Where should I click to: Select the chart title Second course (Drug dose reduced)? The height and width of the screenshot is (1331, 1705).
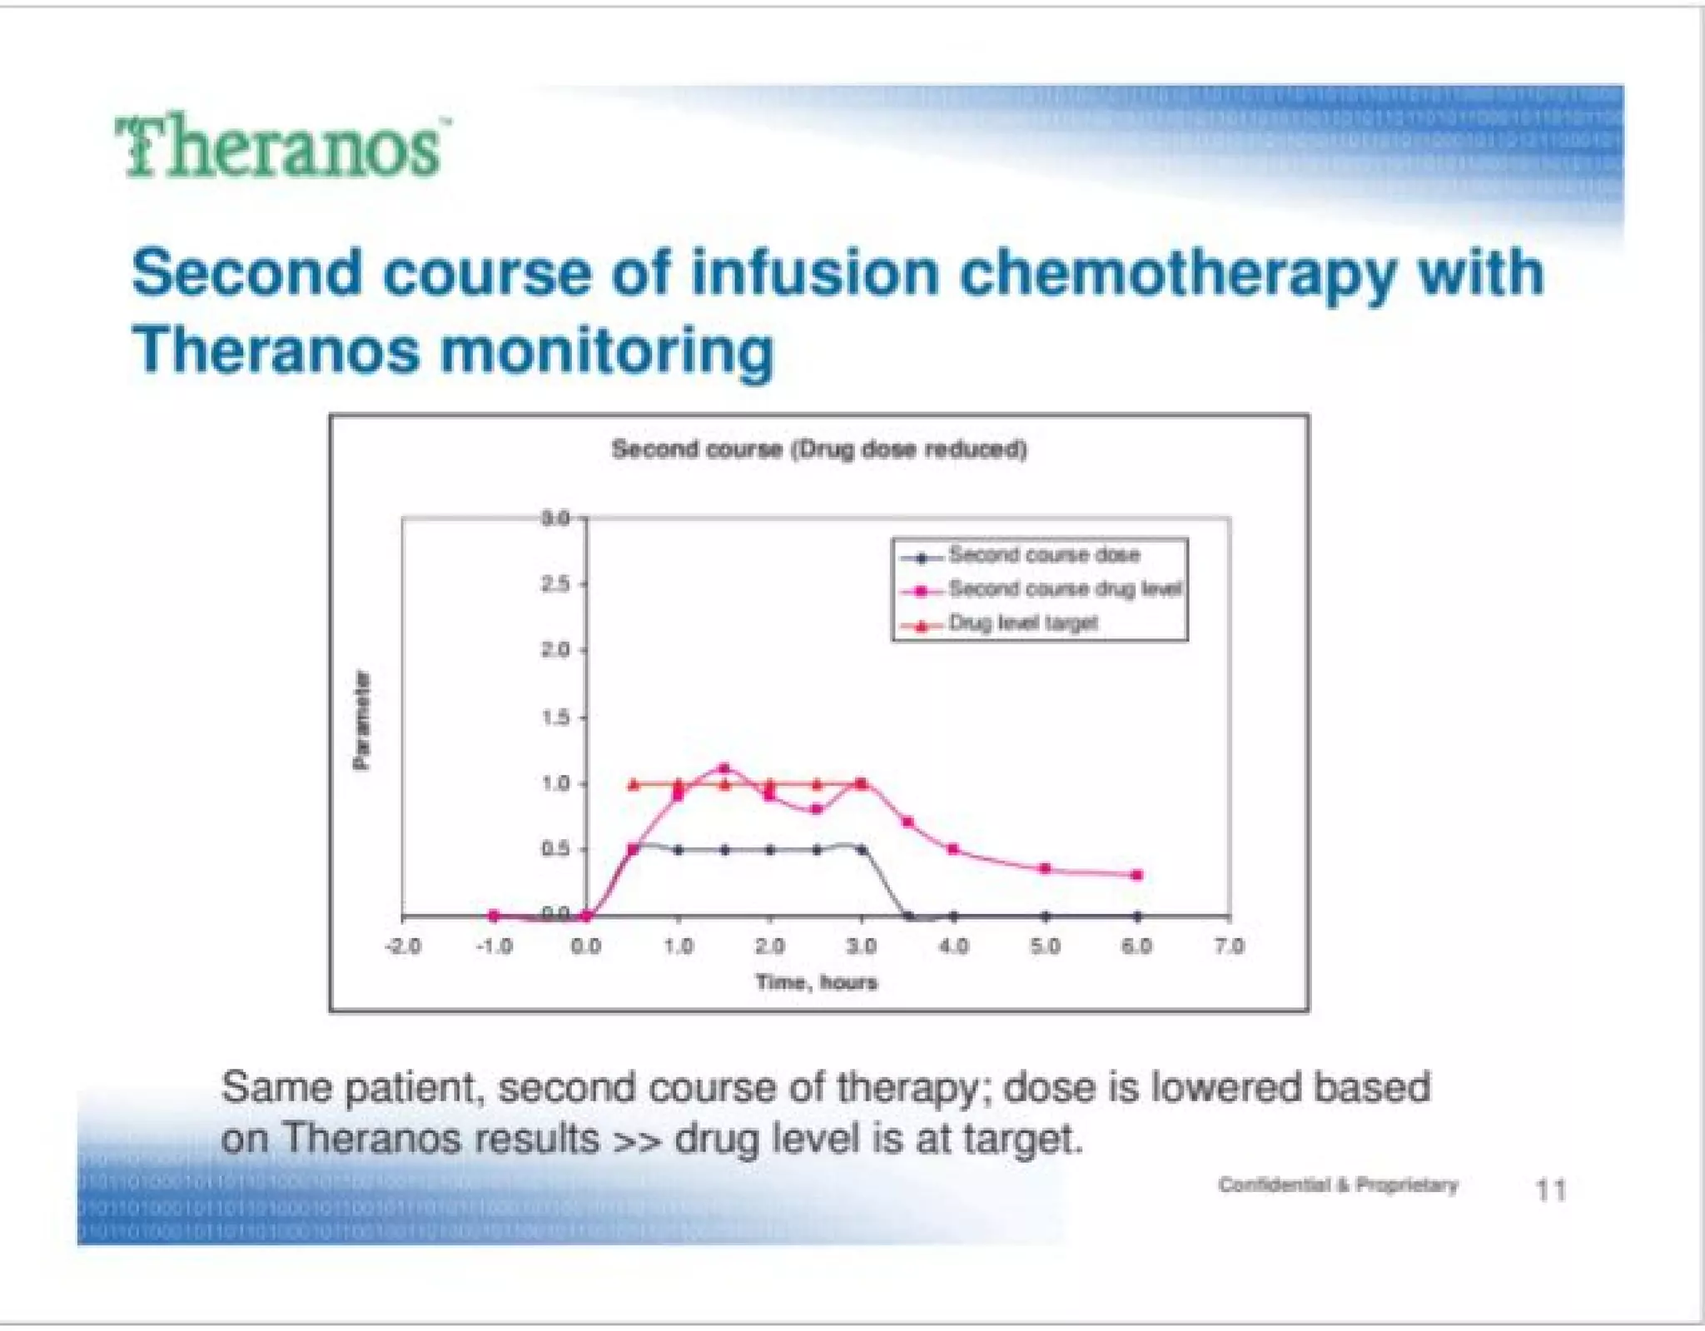tap(819, 449)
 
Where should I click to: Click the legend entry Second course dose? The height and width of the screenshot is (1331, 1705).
tap(1043, 554)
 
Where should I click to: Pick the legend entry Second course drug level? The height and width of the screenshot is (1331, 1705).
tap(1064, 589)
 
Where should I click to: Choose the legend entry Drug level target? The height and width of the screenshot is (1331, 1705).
tap(1023, 623)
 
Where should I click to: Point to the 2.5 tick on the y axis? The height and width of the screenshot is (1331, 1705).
tap(556, 584)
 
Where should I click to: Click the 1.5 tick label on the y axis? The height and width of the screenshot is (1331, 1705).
tap(556, 717)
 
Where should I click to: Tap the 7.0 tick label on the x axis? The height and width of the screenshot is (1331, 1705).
tap(1229, 946)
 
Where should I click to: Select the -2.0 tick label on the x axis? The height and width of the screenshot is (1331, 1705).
tap(403, 946)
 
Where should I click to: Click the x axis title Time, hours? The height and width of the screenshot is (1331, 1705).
tap(817, 982)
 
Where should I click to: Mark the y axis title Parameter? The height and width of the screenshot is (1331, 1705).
tap(361, 720)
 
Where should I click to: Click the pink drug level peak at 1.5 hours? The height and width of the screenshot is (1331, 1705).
tap(723, 768)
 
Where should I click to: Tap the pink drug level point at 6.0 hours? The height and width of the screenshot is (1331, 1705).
tap(1137, 875)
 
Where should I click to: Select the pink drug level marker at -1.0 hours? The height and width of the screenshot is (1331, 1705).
tap(494, 916)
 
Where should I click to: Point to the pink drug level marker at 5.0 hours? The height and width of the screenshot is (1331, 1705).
tap(1046, 868)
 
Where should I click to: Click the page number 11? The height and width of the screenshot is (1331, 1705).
tap(1549, 1190)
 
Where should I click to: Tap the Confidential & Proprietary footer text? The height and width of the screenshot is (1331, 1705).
tap(1338, 1184)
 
